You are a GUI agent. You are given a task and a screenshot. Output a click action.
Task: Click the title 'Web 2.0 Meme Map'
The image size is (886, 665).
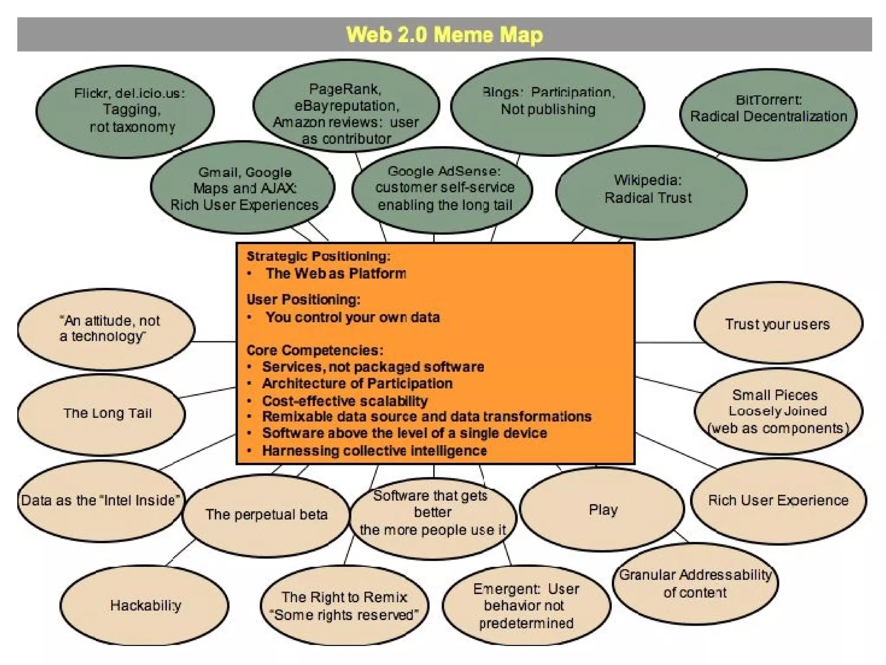(x=444, y=35)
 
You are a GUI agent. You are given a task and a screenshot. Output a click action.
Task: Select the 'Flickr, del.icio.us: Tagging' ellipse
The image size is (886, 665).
(x=125, y=111)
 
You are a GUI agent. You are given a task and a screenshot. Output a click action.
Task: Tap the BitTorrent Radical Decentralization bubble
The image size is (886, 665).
(x=768, y=114)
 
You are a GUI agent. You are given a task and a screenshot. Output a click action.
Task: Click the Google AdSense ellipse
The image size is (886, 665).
(x=443, y=189)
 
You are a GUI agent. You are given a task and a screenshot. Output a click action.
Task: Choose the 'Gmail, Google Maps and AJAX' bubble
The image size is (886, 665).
(x=243, y=188)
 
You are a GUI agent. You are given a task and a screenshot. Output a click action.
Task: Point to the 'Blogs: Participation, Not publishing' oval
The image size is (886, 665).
(x=548, y=104)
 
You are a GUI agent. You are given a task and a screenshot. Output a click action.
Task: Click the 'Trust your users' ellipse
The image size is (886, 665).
(x=778, y=323)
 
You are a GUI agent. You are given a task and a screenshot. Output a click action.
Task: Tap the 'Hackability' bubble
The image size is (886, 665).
(x=144, y=605)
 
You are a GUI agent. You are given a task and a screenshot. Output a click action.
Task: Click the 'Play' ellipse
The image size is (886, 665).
(x=603, y=510)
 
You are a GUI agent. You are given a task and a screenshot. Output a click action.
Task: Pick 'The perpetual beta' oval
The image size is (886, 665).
(x=266, y=514)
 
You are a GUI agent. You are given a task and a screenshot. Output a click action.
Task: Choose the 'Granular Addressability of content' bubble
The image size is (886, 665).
(x=695, y=584)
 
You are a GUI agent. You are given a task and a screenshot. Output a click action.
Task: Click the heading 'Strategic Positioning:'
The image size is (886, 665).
(x=318, y=256)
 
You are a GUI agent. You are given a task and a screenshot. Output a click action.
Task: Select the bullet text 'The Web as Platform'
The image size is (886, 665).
(x=336, y=274)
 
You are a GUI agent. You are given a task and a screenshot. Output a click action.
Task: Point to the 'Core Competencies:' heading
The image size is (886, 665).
(x=315, y=350)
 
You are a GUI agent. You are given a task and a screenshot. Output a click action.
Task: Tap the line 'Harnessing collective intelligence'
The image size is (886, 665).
(x=375, y=451)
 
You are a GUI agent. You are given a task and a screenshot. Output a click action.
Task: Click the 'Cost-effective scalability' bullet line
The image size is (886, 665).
(x=345, y=400)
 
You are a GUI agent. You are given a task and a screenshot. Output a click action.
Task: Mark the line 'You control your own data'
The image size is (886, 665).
(x=353, y=317)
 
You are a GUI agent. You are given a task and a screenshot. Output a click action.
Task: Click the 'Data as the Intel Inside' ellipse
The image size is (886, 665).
(x=100, y=500)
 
